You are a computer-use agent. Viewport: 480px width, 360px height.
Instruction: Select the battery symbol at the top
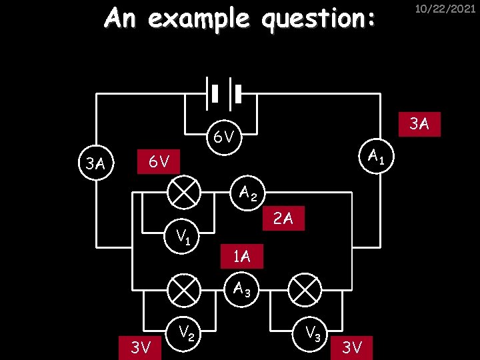pyautogui.click(x=223, y=93)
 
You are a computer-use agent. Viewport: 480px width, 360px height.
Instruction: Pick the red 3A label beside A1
pyautogui.click(x=419, y=123)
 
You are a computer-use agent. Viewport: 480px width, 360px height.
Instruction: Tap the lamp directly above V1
pyautogui.click(x=183, y=193)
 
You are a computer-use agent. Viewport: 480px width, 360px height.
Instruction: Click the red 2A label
pyautogui.click(x=283, y=218)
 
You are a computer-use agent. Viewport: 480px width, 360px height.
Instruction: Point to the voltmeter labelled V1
pyautogui.click(x=183, y=235)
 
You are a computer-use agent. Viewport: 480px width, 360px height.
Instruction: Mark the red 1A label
pyautogui.click(x=241, y=255)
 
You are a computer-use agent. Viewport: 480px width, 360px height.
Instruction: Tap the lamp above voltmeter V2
pyautogui.click(x=183, y=290)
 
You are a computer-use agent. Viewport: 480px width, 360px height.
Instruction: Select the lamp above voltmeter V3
pyautogui.click(x=305, y=290)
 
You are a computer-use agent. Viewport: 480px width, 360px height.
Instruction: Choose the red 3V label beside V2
pyautogui.click(x=141, y=347)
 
